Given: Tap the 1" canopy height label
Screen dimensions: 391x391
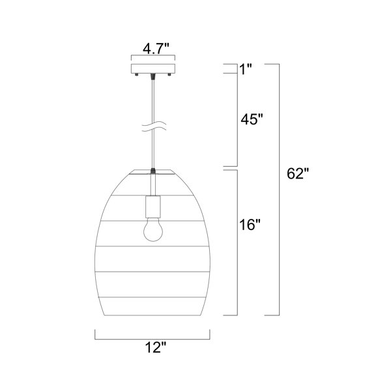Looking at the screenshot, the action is tap(246, 69).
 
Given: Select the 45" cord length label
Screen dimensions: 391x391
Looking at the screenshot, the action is tap(252, 119).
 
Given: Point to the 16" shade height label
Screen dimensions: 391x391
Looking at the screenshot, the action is tap(250, 225).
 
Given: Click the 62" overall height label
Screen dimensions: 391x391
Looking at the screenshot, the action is tap(298, 173).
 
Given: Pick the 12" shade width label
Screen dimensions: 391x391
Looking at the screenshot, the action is tap(155, 347).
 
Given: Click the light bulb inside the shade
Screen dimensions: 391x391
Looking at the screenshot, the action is tap(153, 229).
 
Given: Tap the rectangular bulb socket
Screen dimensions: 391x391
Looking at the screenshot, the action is tap(153, 207).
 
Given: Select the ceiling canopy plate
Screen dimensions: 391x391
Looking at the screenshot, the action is tap(153, 69).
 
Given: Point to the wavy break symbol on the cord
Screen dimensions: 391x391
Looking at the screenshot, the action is tap(154, 126).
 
